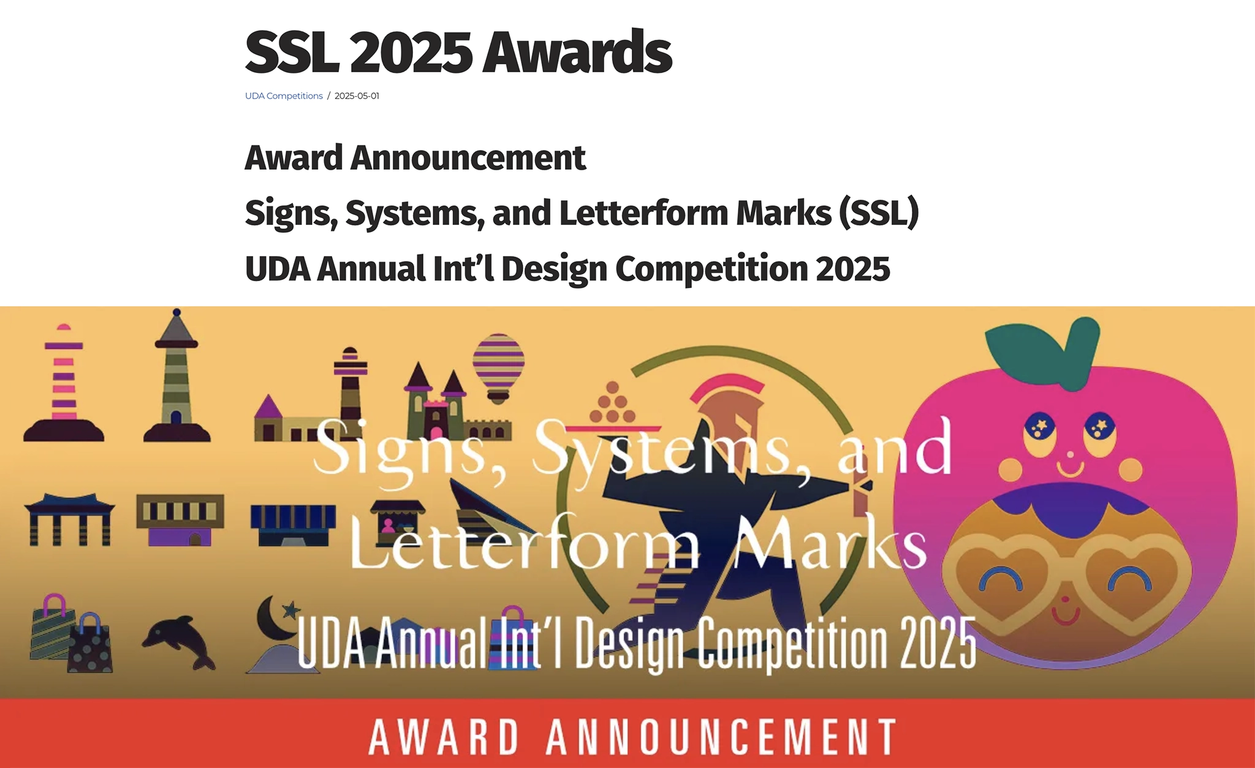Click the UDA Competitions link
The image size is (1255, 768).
click(x=284, y=96)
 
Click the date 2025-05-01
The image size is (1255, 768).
click(x=357, y=96)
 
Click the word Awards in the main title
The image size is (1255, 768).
click(x=577, y=52)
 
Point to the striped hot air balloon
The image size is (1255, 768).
click(x=498, y=368)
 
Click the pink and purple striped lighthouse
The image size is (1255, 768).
click(x=64, y=383)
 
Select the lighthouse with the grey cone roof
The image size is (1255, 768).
click(x=176, y=376)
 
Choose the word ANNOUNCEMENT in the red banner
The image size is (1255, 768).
click(x=721, y=737)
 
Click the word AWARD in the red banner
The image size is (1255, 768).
click(x=444, y=737)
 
